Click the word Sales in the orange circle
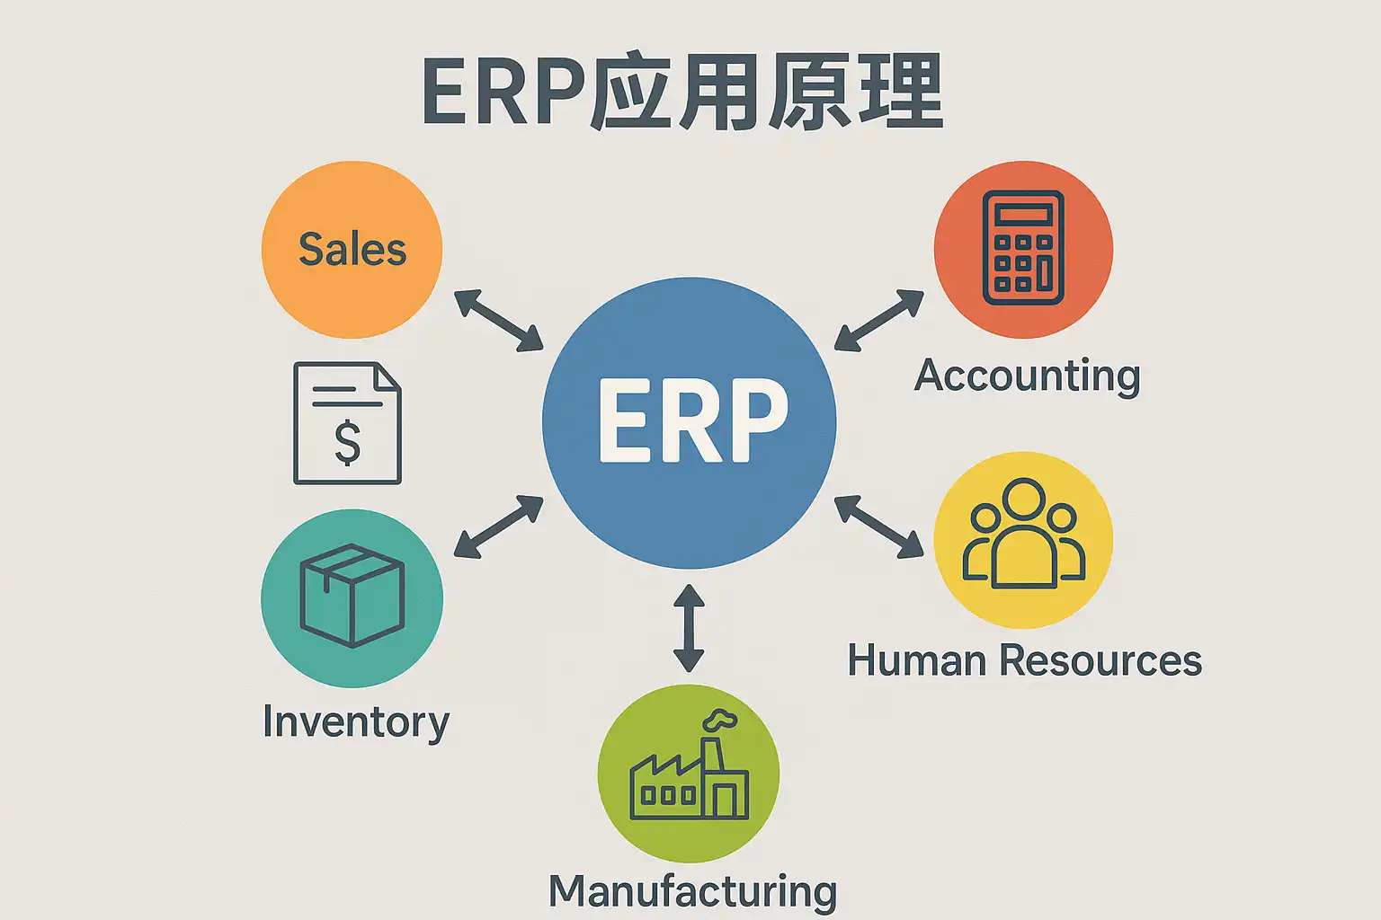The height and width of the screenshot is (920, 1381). (x=352, y=249)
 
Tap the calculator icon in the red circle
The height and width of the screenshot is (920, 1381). (x=1024, y=248)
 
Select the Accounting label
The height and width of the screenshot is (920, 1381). (x=1027, y=376)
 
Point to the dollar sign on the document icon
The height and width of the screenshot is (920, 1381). (x=347, y=443)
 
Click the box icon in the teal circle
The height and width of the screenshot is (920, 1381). (x=352, y=595)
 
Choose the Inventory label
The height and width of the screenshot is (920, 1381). (x=356, y=721)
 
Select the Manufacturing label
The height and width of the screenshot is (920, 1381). (x=692, y=891)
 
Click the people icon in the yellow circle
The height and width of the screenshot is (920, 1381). (x=1024, y=535)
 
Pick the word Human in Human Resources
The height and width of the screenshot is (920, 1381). (x=917, y=660)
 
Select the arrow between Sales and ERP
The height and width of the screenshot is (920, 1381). (x=499, y=320)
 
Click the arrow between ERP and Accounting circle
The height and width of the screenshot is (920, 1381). (x=878, y=319)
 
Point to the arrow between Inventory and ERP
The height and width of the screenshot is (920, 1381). (x=499, y=526)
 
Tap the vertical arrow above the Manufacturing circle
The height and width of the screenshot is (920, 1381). (x=689, y=628)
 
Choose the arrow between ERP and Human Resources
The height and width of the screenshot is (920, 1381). (x=878, y=526)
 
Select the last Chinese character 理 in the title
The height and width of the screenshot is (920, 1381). (x=899, y=92)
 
